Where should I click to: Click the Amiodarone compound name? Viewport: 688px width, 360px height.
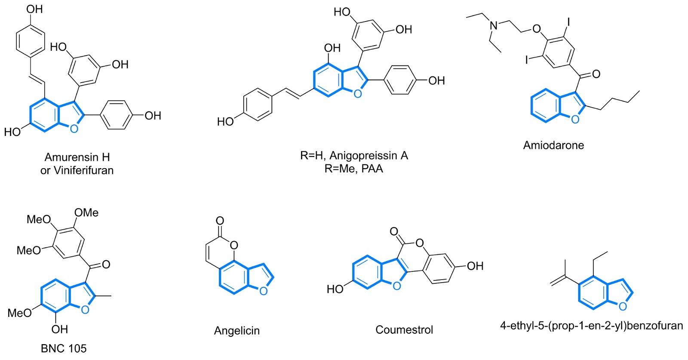tap(553, 145)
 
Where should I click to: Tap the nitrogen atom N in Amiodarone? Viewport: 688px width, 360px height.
tap(494, 25)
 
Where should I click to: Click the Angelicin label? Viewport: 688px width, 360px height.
tap(237, 331)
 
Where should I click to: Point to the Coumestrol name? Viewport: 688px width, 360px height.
tap(404, 330)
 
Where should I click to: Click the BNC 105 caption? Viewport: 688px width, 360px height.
tap(64, 348)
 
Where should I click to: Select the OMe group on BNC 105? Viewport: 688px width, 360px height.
tap(86, 213)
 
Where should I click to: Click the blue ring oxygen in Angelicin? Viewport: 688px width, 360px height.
tap(264, 291)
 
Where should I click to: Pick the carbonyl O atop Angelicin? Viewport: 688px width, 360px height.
tap(220, 221)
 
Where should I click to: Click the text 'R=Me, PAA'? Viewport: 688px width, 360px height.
tap(354, 169)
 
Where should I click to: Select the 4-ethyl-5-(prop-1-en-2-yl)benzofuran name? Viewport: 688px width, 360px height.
tap(591, 326)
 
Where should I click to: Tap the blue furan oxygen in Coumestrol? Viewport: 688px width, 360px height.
tap(396, 286)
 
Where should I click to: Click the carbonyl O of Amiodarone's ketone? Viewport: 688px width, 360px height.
tap(596, 74)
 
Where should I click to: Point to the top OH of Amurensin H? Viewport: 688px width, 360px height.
tap(35, 9)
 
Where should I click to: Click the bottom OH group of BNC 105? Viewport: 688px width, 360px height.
tap(60, 329)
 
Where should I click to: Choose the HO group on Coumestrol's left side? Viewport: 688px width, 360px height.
tap(335, 289)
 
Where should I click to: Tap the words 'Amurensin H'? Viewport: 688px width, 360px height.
tap(77, 157)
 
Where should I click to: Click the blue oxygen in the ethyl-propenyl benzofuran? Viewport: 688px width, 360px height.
tap(623, 307)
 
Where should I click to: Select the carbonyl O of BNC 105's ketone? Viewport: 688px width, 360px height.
tap(106, 264)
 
